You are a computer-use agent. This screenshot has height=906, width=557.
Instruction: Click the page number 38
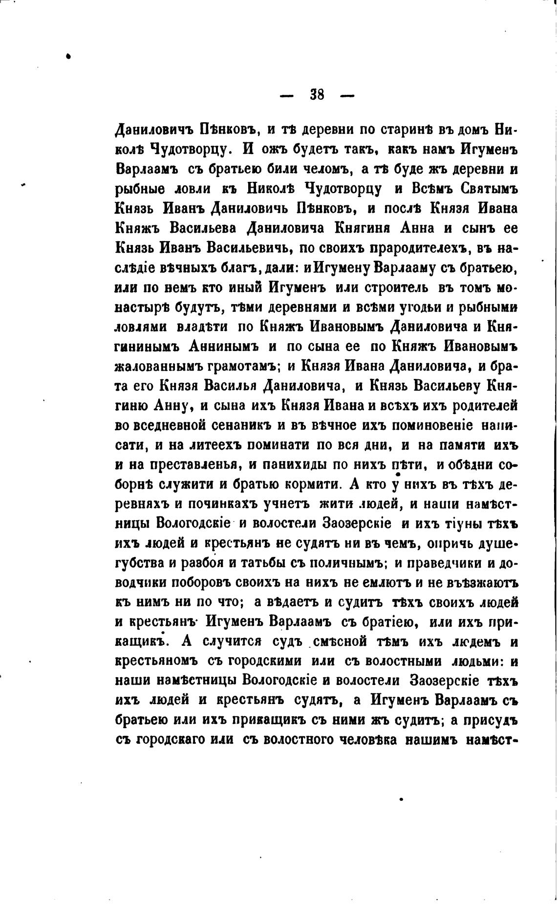pyautogui.click(x=317, y=94)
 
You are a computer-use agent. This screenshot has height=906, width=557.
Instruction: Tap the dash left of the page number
pyautogui.click(x=287, y=95)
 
